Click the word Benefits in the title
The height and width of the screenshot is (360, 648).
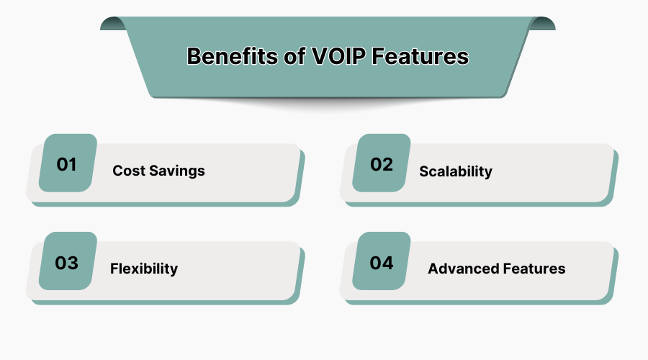click(x=232, y=56)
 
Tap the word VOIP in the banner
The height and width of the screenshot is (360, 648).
click(x=338, y=56)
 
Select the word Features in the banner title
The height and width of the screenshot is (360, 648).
click(x=420, y=56)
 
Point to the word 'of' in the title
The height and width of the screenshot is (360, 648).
click(x=294, y=56)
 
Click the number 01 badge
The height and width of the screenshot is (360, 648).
click(x=68, y=163)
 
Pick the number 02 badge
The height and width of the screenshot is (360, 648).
click(x=382, y=163)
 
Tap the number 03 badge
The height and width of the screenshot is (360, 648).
click(x=68, y=261)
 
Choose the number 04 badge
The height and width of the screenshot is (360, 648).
click(x=382, y=261)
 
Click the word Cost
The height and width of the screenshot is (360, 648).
click(x=129, y=171)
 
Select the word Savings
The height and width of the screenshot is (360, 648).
click(x=177, y=171)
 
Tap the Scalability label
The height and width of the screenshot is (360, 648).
click(x=456, y=171)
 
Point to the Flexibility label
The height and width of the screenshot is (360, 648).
click(x=144, y=269)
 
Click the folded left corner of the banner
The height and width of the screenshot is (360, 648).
click(x=113, y=24)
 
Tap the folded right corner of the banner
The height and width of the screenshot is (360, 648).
click(x=542, y=24)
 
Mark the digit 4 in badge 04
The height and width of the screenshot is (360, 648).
click(x=387, y=264)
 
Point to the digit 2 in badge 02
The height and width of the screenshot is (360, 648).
click(x=387, y=164)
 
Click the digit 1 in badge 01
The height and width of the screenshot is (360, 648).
click(x=72, y=164)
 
